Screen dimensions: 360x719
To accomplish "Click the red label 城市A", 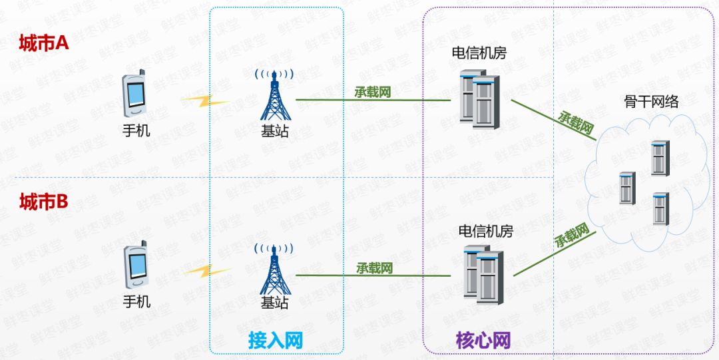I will pyautogui.click(x=45, y=43).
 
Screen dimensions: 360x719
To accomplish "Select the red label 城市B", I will pyautogui.click(x=45, y=201).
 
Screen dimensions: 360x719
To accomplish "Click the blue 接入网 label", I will pyautogui.click(x=276, y=341).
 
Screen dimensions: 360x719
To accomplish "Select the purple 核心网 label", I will pyautogui.click(x=484, y=341).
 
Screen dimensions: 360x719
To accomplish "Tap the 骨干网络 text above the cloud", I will pyautogui.click(x=651, y=102).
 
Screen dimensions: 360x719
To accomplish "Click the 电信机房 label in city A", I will pyautogui.click(x=479, y=53).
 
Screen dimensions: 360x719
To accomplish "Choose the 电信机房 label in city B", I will pyautogui.click(x=486, y=232).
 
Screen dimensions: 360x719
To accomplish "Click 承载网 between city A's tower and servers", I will pyautogui.click(x=372, y=92).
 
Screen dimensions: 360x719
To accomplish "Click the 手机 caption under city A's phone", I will pyautogui.click(x=136, y=130).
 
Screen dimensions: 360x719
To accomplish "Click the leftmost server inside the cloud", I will pyautogui.click(x=626, y=188).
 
